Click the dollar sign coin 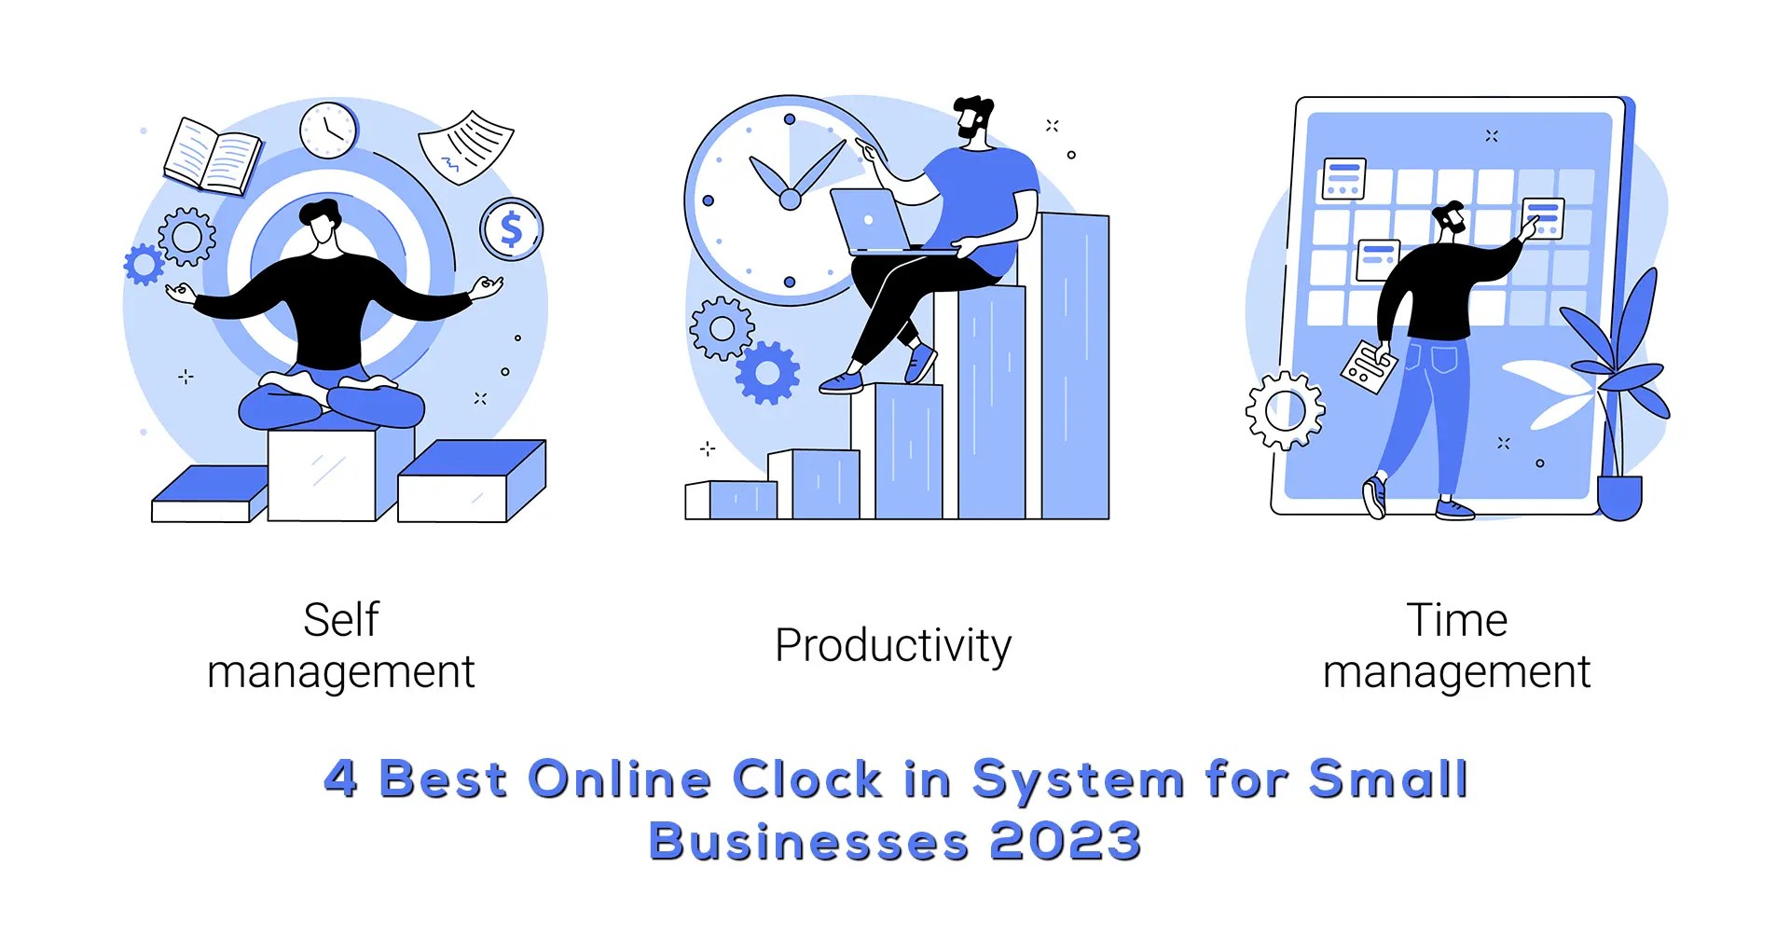click(x=511, y=228)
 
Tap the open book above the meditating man click(x=213, y=156)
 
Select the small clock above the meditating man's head click(x=328, y=130)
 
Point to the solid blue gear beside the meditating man click(x=144, y=264)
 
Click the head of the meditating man click(x=321, y=224)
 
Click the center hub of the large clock click(x=790, y=200)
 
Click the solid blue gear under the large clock click(x=767, y=373)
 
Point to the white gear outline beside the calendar click(x=1285, y=410)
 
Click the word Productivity click(x=892, y=646)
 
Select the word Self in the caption click(x=341, y=620)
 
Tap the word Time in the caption click(x=1456, y=620)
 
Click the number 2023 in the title click(x=1065, y=841)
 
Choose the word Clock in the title click(x=807, y=779)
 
